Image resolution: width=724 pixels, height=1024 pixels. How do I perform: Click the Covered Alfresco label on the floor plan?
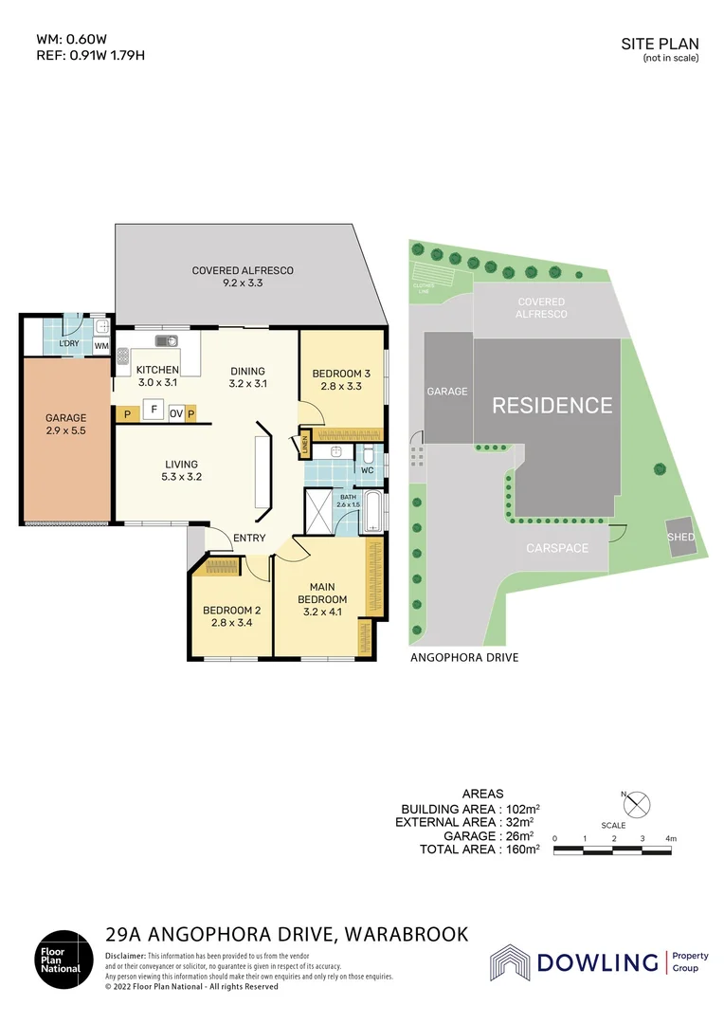(x=243, y=277)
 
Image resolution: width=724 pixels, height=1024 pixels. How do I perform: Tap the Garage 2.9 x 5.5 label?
(x=66, y=424)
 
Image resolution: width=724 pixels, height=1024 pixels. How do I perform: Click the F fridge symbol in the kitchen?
(x=152, y=412)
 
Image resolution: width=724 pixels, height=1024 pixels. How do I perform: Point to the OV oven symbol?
(x=176, y=413)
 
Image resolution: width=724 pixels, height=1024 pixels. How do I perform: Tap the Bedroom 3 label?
(x=341, y=379)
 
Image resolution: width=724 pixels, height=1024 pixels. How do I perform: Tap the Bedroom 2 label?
(x=231, y=616)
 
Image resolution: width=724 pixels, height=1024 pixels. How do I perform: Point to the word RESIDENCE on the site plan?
(x=552, y=406)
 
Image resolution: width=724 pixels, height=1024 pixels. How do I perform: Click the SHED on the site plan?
(x=681, y=538)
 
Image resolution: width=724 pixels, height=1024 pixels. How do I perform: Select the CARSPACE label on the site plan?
(x=557, y=548)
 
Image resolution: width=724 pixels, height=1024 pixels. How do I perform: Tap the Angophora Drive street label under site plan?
(x=464, y=657)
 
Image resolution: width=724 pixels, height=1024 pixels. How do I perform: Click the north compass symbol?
(x=638, y=804)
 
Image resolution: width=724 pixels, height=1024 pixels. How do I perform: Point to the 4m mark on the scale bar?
(x=671, y=839)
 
